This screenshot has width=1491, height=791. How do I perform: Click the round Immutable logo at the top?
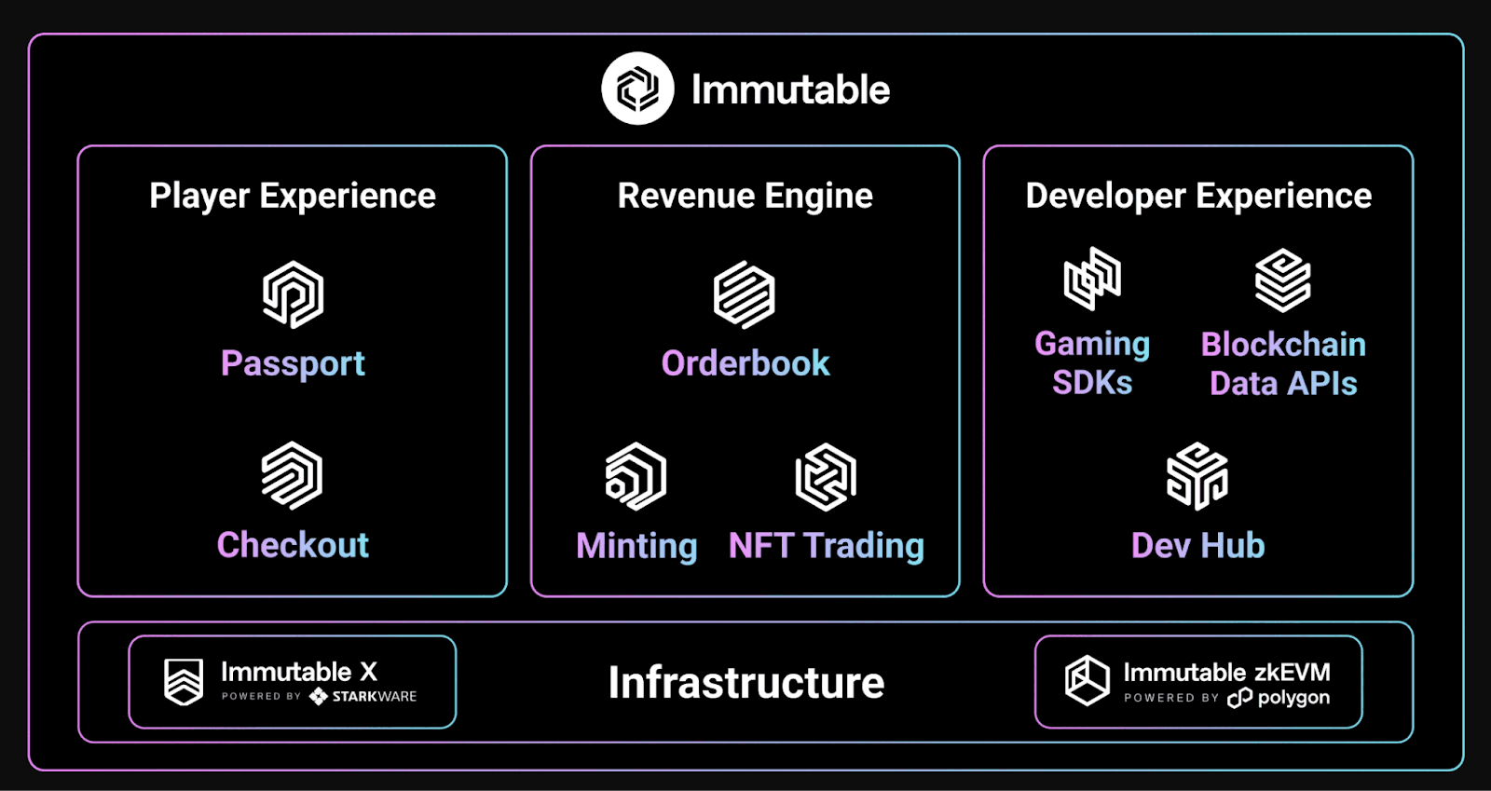point(637,89)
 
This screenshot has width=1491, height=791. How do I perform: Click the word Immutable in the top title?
point(790,90)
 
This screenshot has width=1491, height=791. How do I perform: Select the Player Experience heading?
point(293,196)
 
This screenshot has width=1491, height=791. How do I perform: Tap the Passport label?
point(293,363)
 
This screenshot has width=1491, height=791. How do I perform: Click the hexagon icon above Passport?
point(293,294)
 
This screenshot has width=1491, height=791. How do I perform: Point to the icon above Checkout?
point(292,475)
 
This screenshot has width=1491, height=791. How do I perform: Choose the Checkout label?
point(293,545)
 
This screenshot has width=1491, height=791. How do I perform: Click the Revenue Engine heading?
point(745,196)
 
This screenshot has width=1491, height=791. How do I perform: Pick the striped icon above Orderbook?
point(744,294)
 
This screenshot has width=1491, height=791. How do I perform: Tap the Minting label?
point(636,546)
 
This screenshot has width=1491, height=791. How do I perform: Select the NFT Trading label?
point(826,546)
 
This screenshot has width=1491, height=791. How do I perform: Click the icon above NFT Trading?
point(826,477)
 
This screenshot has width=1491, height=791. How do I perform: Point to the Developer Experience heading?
point(1198,196)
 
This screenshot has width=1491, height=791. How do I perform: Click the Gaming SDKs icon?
point(1092,279)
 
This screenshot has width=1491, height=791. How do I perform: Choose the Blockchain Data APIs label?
point(1283,363)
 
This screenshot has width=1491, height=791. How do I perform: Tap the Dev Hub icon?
point(1197,476)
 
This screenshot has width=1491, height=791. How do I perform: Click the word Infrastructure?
point(745,683)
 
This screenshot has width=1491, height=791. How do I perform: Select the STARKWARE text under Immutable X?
point(374,697)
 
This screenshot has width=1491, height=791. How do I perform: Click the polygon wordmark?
point(1293,698)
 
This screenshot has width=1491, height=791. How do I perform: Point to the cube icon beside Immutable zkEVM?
point(1087,680)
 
